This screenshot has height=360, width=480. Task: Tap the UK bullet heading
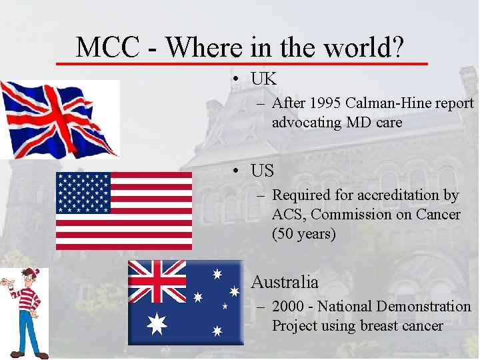tap(263, 79)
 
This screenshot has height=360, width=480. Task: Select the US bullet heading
tap(263, 171)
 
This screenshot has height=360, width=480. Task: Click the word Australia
tap(285, 282)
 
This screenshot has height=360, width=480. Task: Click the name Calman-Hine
tap(387, 103)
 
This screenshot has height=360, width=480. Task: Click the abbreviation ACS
tap(289, 215)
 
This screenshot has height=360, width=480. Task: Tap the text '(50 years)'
tap(303, 234)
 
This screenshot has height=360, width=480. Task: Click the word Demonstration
tap(423, 307)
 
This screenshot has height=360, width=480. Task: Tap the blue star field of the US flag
tap(83, 193)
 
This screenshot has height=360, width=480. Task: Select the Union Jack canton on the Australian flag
tap(157, 281)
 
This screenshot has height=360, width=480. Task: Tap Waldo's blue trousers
tap(27, 330)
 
